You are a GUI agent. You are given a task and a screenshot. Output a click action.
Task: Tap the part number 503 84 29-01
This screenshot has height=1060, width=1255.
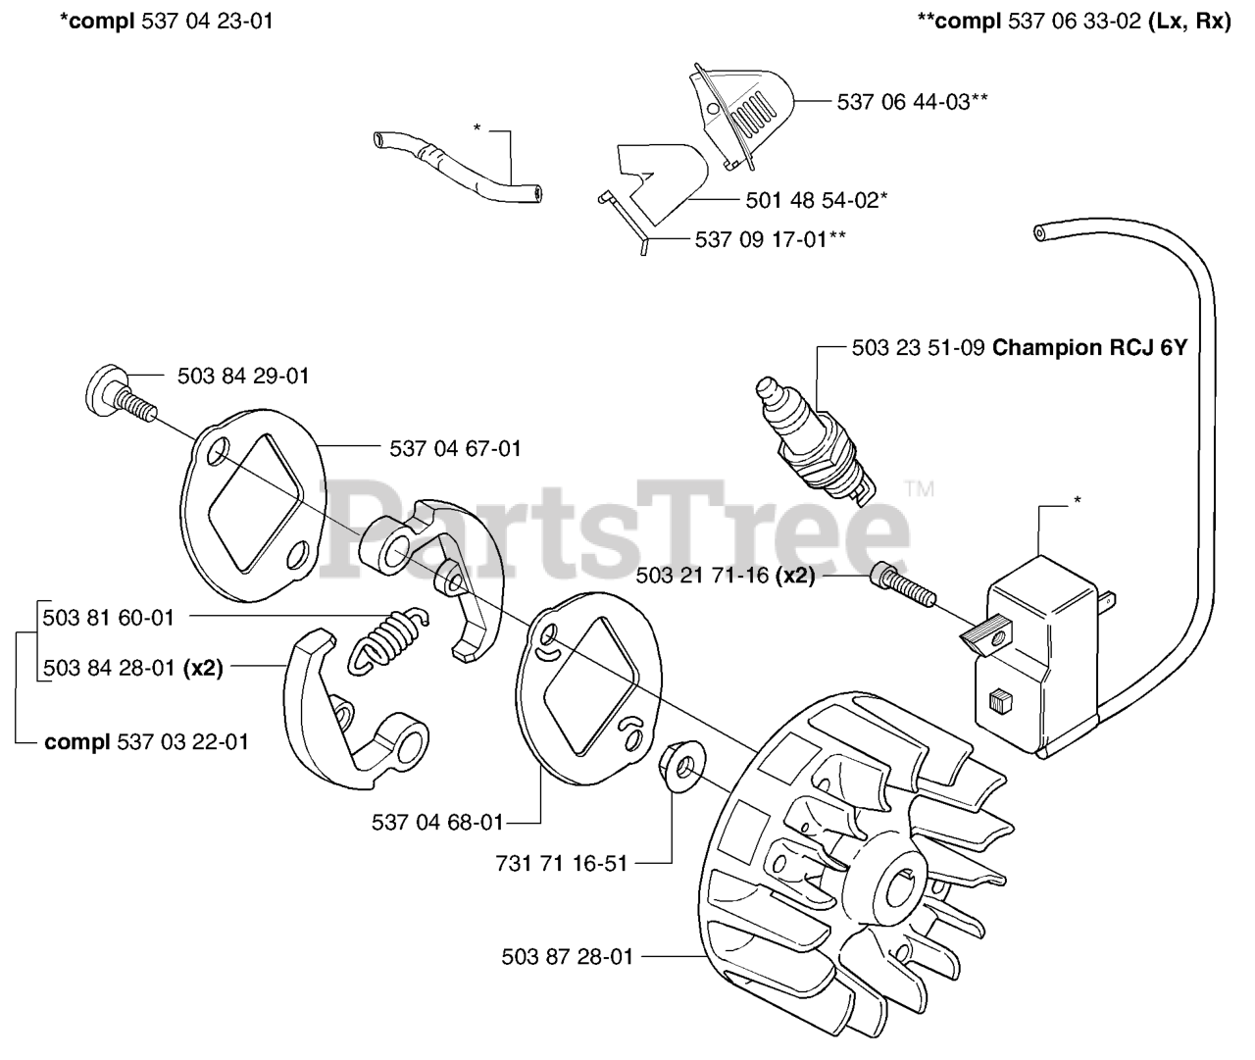coord(243,376)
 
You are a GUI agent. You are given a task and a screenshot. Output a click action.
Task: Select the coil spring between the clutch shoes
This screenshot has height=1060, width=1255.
coord(389,638)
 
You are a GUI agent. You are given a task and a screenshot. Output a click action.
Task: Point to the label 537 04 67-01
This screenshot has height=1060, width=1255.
coord(455,448)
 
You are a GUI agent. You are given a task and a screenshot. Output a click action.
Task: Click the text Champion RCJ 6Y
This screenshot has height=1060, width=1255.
coord(1089,347)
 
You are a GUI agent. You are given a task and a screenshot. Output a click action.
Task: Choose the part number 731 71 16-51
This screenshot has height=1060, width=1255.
coord(562,863)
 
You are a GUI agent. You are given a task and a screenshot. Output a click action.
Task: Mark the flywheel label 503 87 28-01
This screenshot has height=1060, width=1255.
coord(567,956)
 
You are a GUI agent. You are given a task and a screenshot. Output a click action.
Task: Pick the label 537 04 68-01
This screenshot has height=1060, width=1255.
coord(437,822)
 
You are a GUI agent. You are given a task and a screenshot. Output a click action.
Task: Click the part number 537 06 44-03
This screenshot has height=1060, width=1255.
coord(904,101)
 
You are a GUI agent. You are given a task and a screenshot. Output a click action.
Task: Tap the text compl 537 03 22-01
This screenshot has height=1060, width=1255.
coord(146,741)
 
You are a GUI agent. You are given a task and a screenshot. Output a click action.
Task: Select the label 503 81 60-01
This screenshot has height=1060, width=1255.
coord(109,617)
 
